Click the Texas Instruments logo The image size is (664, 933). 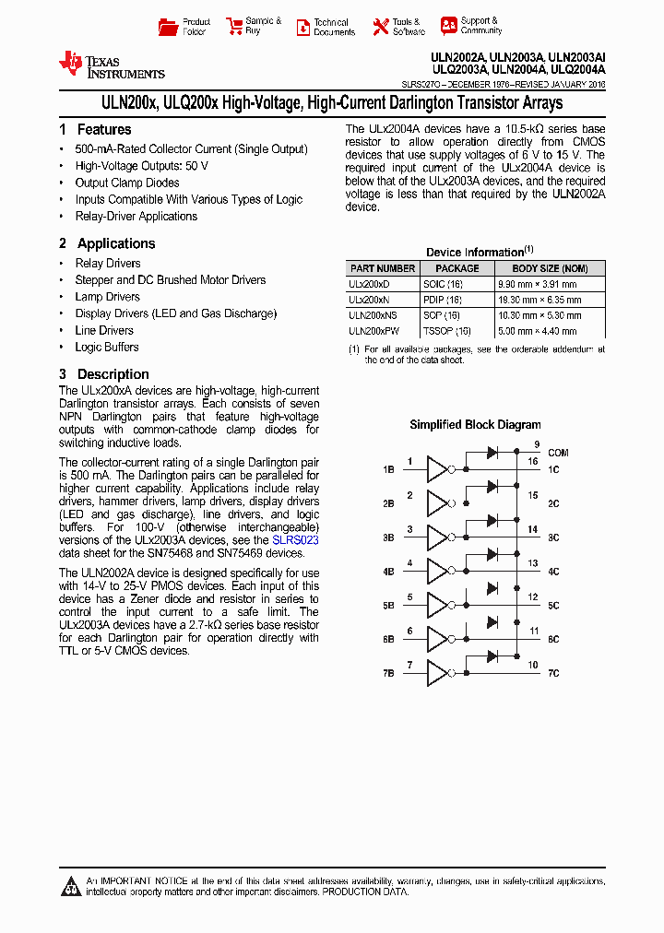(111, 65)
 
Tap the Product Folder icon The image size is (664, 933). (168, 27)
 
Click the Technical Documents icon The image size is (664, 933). (302, 28)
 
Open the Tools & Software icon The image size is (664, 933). (380, 27)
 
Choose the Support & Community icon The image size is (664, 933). (448, 26)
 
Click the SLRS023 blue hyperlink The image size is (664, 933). (295, 540)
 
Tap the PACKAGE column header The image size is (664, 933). (457, 268)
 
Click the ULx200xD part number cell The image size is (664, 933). (369, 285)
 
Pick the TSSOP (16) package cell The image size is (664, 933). (446, 331)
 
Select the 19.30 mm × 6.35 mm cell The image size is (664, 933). (551, 301)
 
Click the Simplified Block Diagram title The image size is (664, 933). (475, 425)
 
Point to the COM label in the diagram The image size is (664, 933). (558, 453)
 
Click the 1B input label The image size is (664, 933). (388, 470)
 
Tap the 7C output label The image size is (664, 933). (553, 674)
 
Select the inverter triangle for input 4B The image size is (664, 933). (436, 572)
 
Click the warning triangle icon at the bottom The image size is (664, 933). (71, 887)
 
